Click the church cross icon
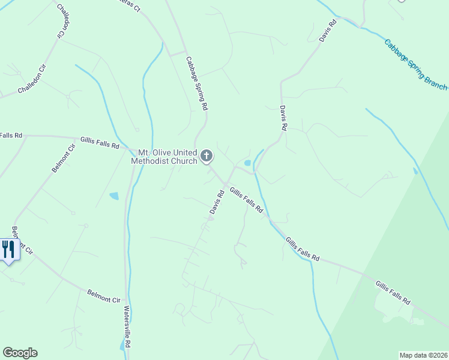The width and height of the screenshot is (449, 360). (x=206, y=157)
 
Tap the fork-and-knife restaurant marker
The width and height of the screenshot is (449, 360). (x=8, y=248)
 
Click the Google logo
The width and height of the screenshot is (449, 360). (x=20, y=353)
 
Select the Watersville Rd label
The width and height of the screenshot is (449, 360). (x=127, y=325)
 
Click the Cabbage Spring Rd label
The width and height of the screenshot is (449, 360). (x=197, y=83)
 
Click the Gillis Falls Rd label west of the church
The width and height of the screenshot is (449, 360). (x=99, y=142)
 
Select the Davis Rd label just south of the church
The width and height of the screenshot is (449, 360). (x=217, y=202)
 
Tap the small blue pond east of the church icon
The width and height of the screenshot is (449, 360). (x=247, y=163)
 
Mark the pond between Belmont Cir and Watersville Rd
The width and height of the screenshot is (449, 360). (x=113, y=196)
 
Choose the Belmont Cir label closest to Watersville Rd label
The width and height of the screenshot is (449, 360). (x=104, y=296)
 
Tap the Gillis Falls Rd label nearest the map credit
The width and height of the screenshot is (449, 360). (x=393, y=292)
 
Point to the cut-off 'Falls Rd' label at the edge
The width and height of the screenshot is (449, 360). (x=11, y=136)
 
